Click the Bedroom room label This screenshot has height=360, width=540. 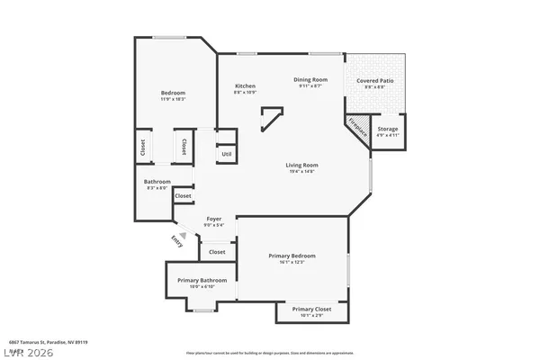click(x=173, y=94)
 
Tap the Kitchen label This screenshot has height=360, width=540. click(x=245, y=85)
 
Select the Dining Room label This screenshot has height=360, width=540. click(x=310, y=79)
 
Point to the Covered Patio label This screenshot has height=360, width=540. click(x=374, y=81)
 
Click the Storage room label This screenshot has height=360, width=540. click(x=387, y=130)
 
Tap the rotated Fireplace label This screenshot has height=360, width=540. click(x=357, y=127)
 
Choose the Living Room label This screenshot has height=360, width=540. click(x=301, y=165)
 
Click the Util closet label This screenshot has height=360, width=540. click(x=226, y=154)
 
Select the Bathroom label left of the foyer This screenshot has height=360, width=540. click(x=157, y=181)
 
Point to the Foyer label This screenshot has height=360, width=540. click(x=214, y=219)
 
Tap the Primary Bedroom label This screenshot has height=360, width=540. click(x=292, y=256)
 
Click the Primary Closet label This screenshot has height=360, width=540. click(x=312, y=309)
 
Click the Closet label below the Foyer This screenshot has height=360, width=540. click(x=217, y=252)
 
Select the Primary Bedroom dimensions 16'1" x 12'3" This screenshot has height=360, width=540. click(x=292, y=262)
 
